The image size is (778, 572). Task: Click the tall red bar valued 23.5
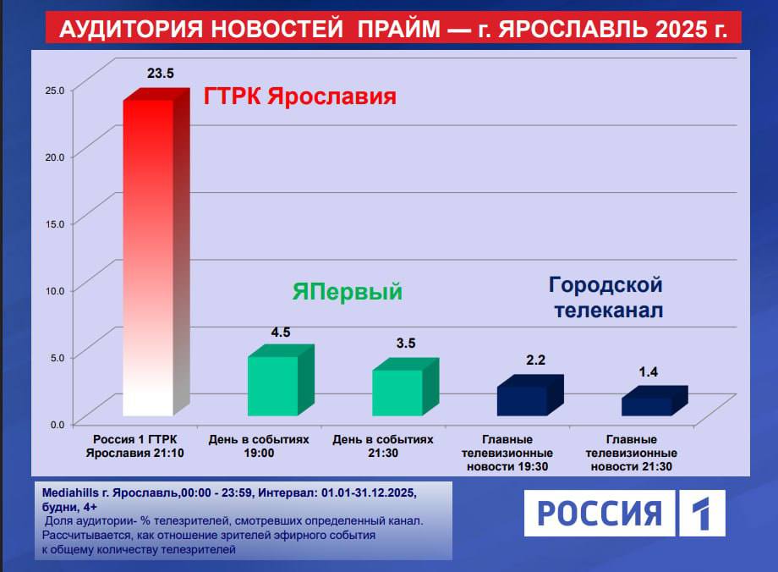click(148, 254)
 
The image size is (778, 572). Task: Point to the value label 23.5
click(160, 74)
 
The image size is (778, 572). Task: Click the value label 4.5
click(281, 333)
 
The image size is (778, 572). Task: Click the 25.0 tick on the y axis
click(54, 89)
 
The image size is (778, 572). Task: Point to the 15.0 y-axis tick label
click(54, 223)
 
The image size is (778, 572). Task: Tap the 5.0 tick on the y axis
click(56, 356)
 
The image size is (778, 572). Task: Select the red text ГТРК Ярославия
click(300, 96)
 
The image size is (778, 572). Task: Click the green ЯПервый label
click(348, 293)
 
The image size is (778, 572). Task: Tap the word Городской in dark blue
click(605, 284)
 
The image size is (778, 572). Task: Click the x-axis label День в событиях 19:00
click(259, 446)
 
